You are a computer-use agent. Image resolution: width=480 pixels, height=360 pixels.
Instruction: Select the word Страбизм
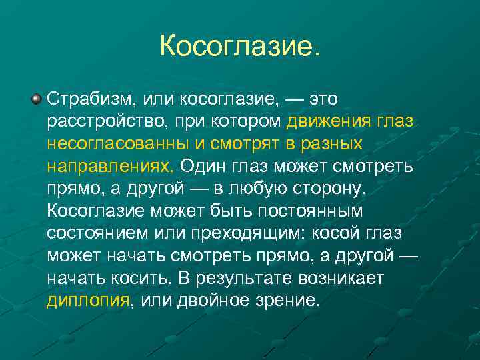(x=89, y=100)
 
